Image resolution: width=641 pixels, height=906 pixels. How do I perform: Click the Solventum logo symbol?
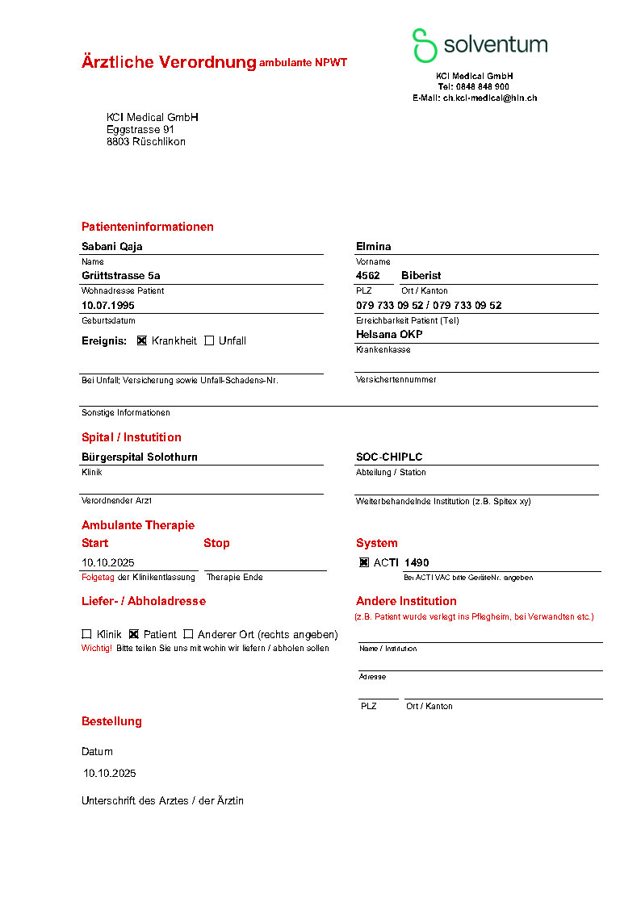(x=424, y=45)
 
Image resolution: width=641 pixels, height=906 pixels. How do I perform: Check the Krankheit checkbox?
(x=142, y=340)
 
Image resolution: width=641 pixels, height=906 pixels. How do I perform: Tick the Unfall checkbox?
(x=209, y=340)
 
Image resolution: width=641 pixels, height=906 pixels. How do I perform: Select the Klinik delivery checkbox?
(x=86, y=634)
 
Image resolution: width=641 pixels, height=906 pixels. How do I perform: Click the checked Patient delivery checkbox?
(x=134, y=634)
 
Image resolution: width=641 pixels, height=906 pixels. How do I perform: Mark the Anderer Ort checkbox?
(x=188, y=634)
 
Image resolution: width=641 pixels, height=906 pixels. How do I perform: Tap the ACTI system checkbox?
(x=364, y=562)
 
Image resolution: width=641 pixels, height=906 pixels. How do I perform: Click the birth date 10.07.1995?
(x=108, y=306)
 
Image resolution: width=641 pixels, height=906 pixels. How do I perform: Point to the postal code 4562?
(x=368, y=276)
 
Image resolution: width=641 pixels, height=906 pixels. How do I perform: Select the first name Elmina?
(x=374, y=247)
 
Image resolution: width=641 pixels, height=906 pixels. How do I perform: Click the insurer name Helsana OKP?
(x=389, y=334)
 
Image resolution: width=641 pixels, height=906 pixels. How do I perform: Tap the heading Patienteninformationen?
(x=148, y=227)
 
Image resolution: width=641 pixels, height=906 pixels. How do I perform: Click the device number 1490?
(x=417, y=562)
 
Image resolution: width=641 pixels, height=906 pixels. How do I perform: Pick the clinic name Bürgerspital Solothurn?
(x=140, y=457)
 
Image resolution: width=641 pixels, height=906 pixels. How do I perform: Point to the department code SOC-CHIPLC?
(x=389, y=457)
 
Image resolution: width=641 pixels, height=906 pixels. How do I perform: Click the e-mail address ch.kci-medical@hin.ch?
(x=490, y=98)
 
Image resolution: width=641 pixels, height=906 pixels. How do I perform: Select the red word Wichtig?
(x=97, y=648)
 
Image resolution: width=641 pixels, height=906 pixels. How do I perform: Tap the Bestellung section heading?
(x=111, y=721)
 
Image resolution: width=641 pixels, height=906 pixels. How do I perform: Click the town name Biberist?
(x=421, y=276)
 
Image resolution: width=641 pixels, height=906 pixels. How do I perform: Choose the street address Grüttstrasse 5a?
(x=121, y=276)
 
